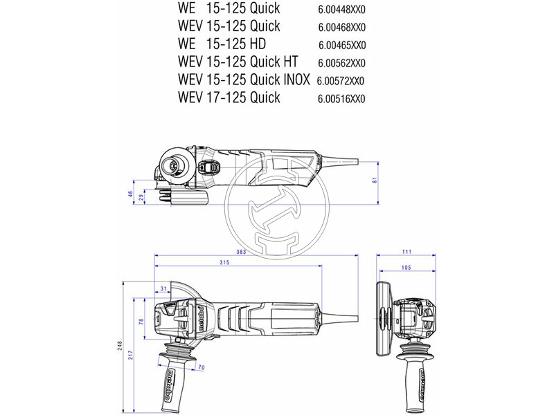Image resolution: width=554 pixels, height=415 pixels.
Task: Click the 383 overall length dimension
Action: click(x=241, y=252)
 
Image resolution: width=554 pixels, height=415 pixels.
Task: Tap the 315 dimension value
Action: click(x=224, y=262)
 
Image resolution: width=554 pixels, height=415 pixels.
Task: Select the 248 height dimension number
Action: click(x=120, y=346)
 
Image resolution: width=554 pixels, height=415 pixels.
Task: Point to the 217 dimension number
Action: click(x=131, y=355)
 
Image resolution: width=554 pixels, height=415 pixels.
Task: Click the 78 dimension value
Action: click(x=141, y=322)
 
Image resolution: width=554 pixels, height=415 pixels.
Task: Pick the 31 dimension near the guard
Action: click(x=163, y=288)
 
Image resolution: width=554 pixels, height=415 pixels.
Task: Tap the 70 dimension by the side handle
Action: click(x=201, y=367)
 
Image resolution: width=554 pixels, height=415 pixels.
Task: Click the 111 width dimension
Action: click(x=406, y=252)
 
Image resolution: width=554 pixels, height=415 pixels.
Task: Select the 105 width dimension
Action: click(x=406, y=268)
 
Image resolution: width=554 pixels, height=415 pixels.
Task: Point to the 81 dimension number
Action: click(x=375, y=180)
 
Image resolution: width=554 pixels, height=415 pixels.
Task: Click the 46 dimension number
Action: click(x=130, y=194)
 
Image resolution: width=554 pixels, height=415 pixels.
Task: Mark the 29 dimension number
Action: click(x=141, y=198)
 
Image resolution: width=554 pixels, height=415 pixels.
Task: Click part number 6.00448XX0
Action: click(x=341, y=10)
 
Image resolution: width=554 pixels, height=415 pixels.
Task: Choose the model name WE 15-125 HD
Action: click(x=222, y=44)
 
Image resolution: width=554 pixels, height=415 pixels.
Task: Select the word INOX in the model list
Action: click(x=297, y=80)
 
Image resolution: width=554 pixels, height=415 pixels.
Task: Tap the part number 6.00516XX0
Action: click(x=341, y=99)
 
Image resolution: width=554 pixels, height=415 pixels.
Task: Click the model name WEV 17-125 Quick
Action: click(x=229, y=97)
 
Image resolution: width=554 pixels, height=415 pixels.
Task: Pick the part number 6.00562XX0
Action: click(x=341, y=63)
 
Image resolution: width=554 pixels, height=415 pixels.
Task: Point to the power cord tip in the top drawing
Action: click(x=357, y=162)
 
